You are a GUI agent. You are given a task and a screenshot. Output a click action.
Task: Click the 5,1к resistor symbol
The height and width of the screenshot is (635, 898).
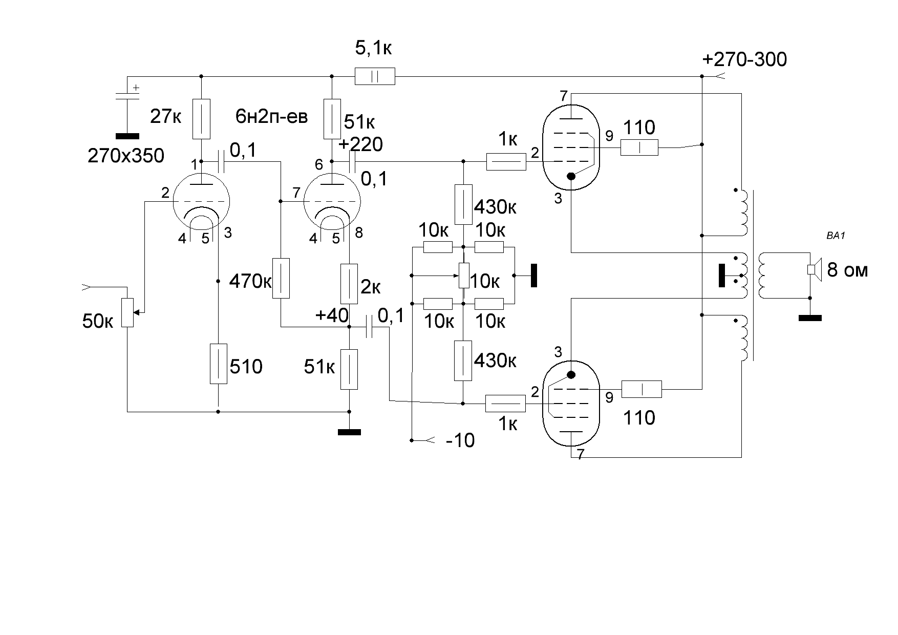pos(375,76)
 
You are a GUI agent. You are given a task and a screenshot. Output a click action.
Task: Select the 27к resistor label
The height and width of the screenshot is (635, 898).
pos(165,118)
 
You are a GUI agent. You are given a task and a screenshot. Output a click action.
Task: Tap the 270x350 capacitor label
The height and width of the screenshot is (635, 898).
pos(126,156)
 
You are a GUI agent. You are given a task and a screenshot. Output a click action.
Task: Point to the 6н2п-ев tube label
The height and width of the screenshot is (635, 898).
pos(272,117)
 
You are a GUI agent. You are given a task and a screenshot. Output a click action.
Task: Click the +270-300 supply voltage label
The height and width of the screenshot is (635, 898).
pos(745,60)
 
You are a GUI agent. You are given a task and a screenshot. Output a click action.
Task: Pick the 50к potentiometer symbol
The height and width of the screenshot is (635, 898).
pos(127,313)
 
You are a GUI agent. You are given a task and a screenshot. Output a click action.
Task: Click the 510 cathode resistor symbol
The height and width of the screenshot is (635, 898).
pos(218,364)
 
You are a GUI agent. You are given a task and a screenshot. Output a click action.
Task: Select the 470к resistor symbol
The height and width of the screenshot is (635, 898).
pos(281,279)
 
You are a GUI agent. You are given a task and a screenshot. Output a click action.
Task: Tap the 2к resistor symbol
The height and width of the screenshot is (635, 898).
pos(349,284)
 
